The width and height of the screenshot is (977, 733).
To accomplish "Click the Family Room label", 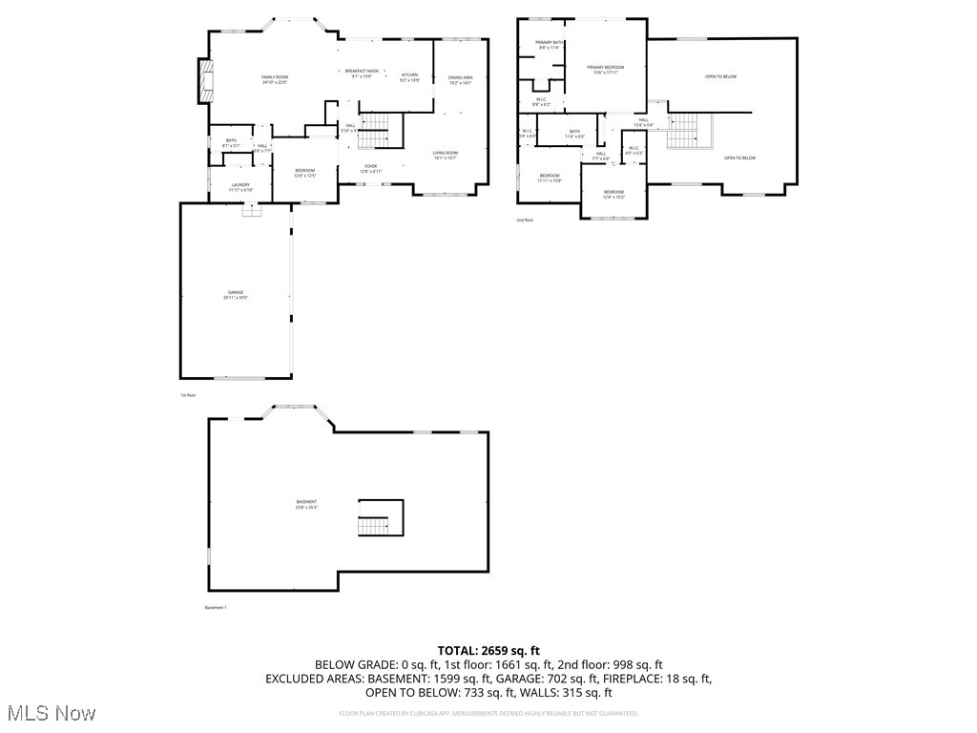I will (x=275, y=79).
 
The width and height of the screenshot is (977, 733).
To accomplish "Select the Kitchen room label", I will (x=409, y=77).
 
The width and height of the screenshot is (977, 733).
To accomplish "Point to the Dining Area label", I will (x=461, y=79).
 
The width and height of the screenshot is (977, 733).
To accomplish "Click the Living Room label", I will (x=446, y=155).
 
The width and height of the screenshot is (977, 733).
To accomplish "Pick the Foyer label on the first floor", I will (x=370, y=168).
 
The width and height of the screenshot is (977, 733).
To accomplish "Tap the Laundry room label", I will (x=239, y=187).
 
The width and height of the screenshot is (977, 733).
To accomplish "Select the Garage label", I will (x=235, y=294).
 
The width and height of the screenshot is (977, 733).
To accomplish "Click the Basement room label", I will (x=306, y=504).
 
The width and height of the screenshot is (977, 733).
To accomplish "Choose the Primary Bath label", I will (x=549, y=45).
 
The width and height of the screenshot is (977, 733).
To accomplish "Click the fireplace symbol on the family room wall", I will (x=204, y=80).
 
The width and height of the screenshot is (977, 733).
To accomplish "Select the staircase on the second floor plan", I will (x=682, y=131).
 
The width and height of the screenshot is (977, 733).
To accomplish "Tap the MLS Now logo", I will (x=50, y=713).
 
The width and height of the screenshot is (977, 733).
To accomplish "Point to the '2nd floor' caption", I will (x=526, y=220).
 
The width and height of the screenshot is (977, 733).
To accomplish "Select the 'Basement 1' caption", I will (x=216, y=607).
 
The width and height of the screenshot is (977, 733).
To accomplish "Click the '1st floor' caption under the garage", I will (x=188, y=395).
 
